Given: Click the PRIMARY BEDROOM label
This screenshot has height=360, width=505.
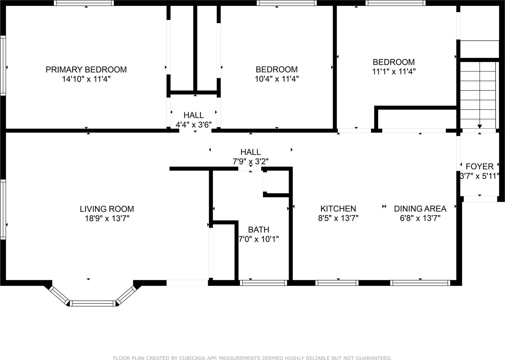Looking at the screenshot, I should [86, 69].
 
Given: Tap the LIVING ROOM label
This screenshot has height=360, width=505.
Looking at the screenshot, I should [107, 209].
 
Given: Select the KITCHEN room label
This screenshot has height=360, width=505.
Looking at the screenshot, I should [338, 208].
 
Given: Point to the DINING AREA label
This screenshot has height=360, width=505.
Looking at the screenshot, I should [420, 208].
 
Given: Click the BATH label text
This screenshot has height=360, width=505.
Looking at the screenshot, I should [258, 230].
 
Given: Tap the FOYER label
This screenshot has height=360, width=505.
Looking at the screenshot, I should [479, 166].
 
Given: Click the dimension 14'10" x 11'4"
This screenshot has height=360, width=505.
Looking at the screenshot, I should [86, 79].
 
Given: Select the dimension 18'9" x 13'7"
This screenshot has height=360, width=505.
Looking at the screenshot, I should [107, 218].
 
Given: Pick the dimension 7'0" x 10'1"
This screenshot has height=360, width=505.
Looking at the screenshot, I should [258, 239].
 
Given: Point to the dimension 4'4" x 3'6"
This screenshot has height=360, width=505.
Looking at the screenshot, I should [193, 124].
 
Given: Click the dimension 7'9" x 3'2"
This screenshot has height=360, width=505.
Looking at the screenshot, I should [251, 162].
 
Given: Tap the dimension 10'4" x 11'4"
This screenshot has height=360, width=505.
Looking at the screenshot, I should [276, 79].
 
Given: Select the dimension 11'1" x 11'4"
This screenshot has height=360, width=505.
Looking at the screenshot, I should [394, 72].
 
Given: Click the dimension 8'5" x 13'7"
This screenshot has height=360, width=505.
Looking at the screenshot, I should [338, 218].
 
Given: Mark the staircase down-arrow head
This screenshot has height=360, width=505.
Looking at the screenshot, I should [480, 126].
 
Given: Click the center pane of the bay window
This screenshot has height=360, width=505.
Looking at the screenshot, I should [92, 303].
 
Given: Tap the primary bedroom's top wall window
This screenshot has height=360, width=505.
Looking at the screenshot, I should [84, 3].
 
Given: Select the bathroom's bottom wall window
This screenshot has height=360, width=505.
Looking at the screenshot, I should [263, 283].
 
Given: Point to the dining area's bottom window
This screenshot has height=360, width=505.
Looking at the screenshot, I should [420, 283].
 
